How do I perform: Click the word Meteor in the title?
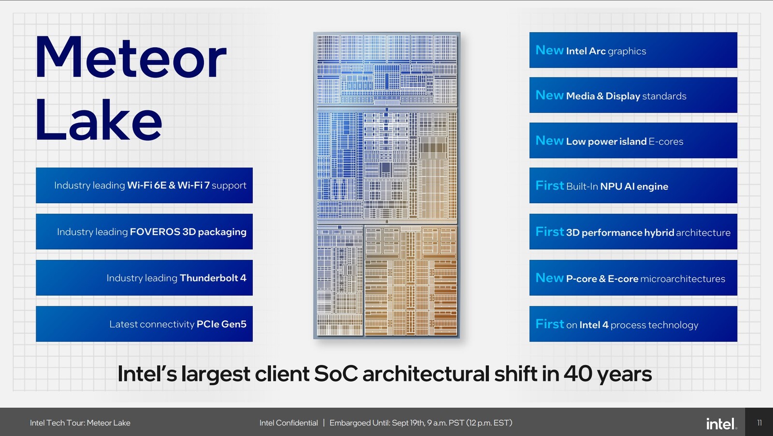(131, 58)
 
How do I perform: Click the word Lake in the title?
(99, 119)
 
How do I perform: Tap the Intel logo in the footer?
(721, 423)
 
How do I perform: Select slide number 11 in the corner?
(759, 422)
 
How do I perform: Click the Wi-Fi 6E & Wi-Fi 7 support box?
(144, 185)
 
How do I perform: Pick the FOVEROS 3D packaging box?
(144, 231)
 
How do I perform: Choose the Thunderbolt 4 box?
(144, 278)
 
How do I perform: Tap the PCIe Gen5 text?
(222, 324)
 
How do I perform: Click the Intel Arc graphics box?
(633, 50)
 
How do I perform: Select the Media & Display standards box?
(633, 95)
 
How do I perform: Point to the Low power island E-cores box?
(633, 140)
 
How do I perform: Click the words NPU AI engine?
(634, 186)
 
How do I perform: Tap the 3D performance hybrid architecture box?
(633, 231)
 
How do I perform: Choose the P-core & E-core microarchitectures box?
(633, 278)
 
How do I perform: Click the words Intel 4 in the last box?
(594, 325)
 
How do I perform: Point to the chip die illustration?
(387, 185)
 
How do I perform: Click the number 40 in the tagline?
(578, 374)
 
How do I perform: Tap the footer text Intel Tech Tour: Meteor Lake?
(80, 423)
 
